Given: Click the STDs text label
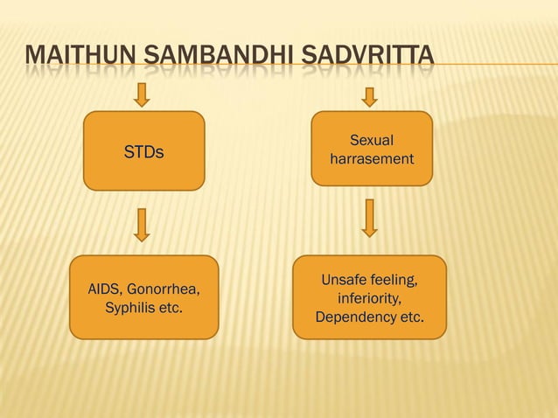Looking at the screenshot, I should pos(143,152).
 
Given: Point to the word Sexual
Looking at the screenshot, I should pos(372,141).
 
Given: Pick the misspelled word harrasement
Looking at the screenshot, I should pos(372,160).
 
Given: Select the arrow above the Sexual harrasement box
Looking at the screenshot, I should pos(370,96).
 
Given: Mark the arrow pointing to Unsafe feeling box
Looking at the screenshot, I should pos(370,218).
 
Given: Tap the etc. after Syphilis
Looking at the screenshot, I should pos(171,308).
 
